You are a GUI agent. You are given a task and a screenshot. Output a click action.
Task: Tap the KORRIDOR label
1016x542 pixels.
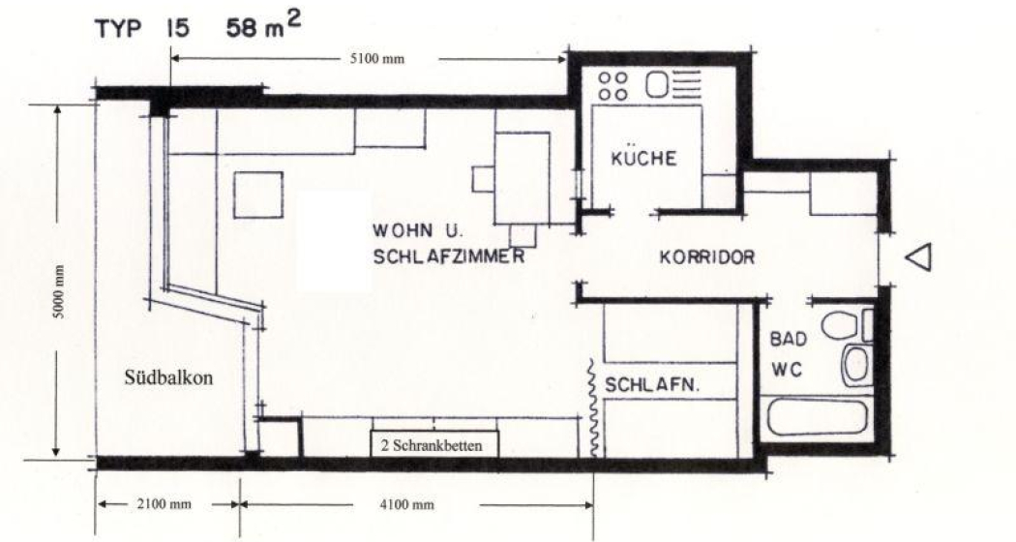pos(706,258)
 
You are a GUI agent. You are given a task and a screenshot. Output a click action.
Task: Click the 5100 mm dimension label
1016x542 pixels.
pos(376,58)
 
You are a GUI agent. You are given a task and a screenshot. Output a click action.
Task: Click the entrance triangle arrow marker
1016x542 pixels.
pos(919,257)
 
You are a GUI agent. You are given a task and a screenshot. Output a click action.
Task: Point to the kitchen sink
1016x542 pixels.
pos(657,86)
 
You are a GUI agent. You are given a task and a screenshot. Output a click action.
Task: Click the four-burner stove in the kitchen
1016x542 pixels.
pos(613,85)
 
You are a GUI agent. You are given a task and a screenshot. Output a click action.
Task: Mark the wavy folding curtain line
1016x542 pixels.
pos(593,407)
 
